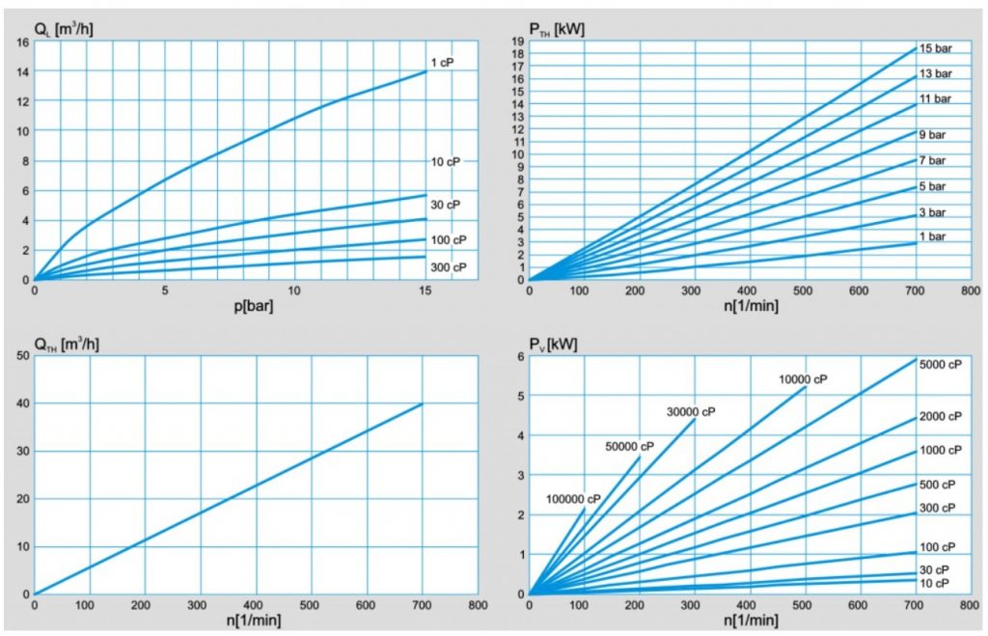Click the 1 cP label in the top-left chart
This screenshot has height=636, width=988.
[x=442, y=63]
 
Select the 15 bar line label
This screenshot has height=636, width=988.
[x=935, y=48]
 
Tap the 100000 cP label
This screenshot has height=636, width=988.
[x=573, y=499]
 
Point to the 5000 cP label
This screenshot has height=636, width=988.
[x=941, y=365]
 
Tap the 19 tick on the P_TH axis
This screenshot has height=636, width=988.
[x=517, y=41]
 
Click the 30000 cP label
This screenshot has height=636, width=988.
[x=691, y=412]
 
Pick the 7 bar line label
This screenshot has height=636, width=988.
[x=932, y=160]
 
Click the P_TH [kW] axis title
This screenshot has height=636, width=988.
[x=557, y=28]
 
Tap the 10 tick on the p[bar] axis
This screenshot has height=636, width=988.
[x=295, y=290]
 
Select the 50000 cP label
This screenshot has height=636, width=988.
[x=629, y=446]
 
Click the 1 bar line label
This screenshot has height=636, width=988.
[x=932, y=237]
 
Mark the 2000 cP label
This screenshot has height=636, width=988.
[x=941, y=416]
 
